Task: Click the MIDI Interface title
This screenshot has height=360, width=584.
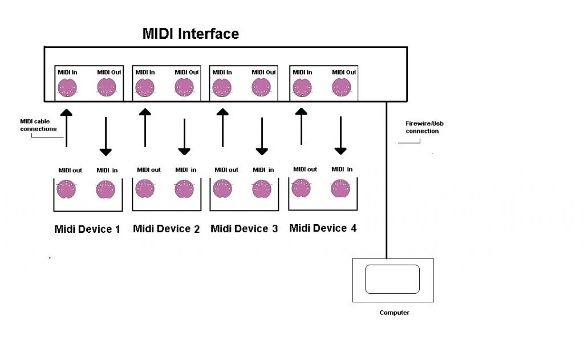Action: coord(190,34)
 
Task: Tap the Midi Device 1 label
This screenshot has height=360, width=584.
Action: coord(87,229)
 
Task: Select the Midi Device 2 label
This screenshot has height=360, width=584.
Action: coord(166,229)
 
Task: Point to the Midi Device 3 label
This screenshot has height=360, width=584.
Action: coord(244,229)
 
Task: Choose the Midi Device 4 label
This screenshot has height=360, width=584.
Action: coord(323,228)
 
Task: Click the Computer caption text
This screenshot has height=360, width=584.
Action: coord(394,313)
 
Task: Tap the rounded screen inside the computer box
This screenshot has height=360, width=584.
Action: coord(392,279)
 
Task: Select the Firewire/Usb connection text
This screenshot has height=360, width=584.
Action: coord(423,127)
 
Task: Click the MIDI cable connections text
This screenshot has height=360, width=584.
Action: coord(38,125)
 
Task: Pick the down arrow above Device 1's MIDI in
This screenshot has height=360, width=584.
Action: coord(106,137)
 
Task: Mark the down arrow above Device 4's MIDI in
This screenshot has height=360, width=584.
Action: coord(340,136)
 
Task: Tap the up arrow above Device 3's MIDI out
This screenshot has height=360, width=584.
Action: coord(222,127)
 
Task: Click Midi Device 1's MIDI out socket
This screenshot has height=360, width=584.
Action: coord(67,189)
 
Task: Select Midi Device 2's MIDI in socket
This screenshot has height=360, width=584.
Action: coord(184,189)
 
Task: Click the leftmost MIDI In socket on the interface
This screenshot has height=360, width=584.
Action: coord(67,88)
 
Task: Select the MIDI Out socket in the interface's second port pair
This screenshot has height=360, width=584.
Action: coord(184,88)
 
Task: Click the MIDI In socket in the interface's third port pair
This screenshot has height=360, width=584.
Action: coord(222,88)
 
